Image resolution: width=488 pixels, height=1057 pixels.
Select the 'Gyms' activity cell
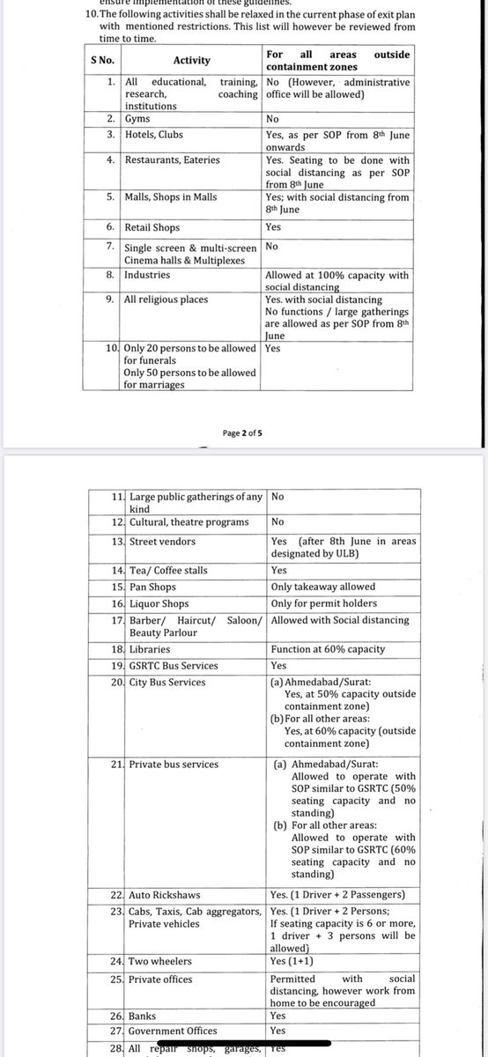[135, 117]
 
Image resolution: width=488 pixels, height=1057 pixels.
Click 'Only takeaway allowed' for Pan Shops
[323, 587]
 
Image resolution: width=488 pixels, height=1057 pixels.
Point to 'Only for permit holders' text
[324, 602]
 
